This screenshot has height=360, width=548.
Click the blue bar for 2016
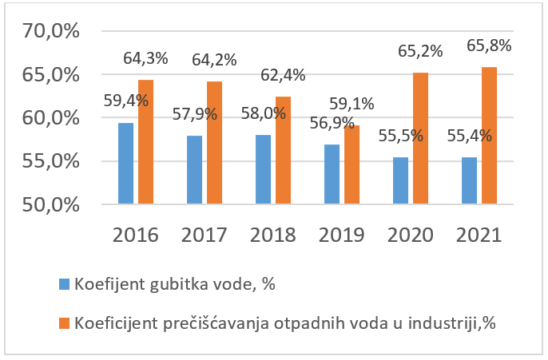125,164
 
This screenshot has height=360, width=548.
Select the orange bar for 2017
213,143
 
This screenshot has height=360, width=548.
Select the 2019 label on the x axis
341,235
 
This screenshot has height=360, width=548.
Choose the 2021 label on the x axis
479,235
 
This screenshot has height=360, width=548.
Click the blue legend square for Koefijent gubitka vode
64,283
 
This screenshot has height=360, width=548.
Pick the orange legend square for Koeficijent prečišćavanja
64,323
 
